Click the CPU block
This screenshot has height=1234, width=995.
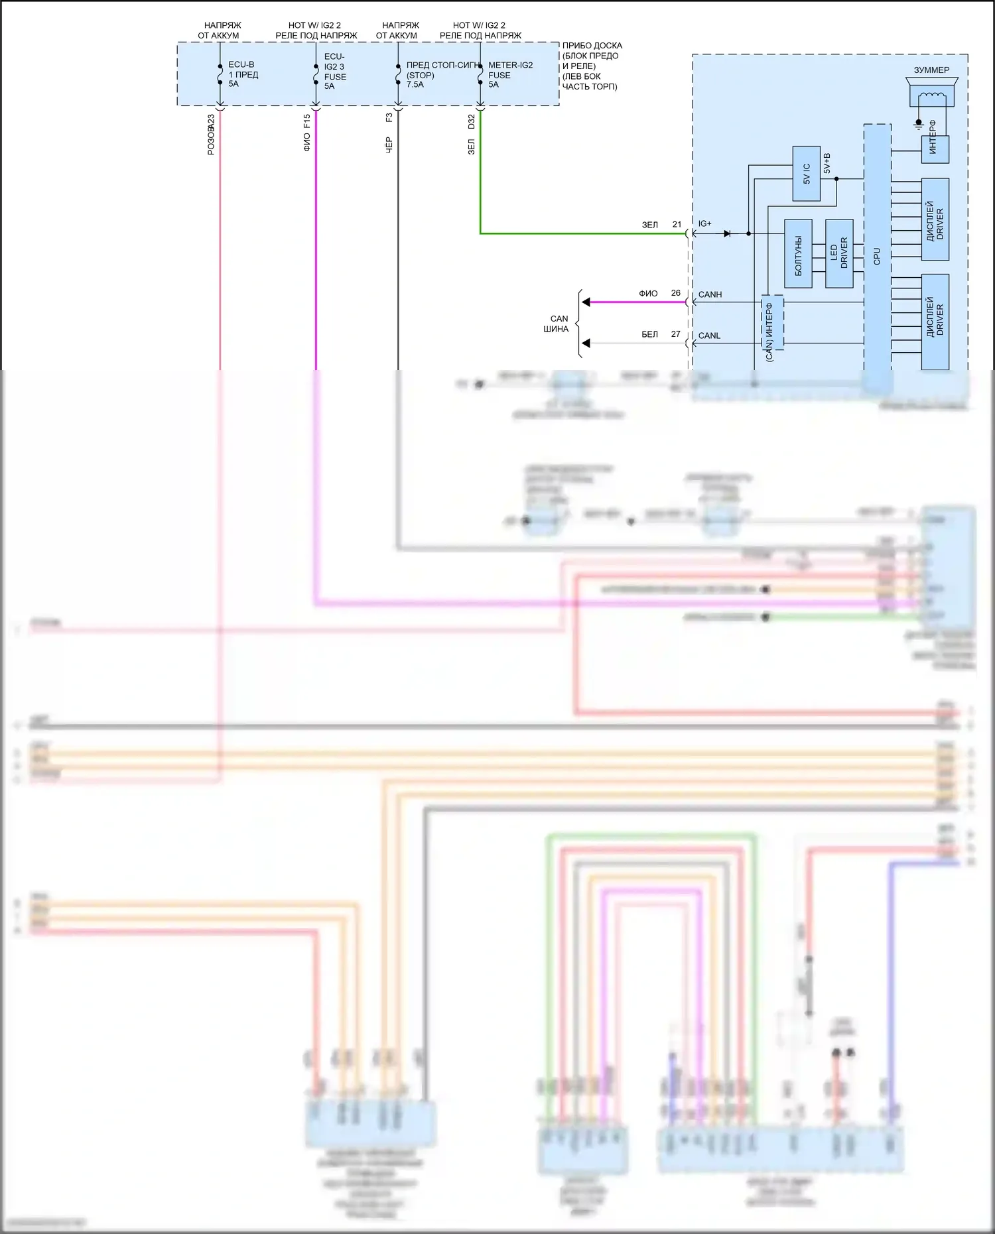point(877,256)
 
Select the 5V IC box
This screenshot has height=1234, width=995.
point(807,174)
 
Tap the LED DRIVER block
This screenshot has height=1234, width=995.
point(839,253)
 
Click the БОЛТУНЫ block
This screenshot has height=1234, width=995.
point(798,253)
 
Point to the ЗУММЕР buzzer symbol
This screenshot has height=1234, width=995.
point(931,92)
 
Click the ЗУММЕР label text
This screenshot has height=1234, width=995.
point(931,70)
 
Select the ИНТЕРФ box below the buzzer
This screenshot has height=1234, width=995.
point(935,149)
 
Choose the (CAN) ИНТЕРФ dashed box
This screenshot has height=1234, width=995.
point(771,323)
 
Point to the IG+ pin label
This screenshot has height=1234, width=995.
point(704,224)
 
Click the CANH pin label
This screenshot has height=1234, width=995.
point(710,294)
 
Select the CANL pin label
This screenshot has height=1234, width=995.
point(709,336)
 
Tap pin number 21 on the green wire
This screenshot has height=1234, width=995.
point(677,224)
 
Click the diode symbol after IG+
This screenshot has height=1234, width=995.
point(728,233)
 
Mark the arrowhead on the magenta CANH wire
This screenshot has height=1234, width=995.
point(586,302)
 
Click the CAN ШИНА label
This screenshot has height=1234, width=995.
point(557,324)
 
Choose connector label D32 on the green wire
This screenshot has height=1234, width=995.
point(471,122)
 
